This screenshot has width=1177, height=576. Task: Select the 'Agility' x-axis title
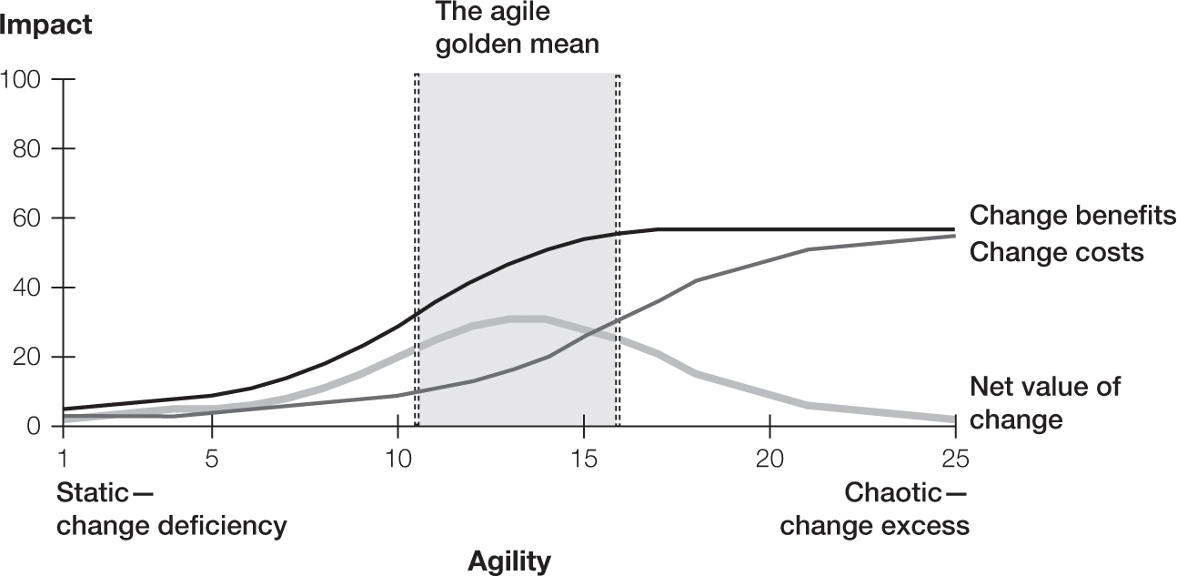509,561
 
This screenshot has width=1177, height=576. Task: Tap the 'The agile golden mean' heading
517,27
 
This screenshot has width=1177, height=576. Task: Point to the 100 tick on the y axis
21,79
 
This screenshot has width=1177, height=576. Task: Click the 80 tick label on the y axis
26,148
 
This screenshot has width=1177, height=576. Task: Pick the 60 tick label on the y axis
26,218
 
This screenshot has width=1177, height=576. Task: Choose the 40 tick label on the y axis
26,288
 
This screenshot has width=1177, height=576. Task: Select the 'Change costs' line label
1056,251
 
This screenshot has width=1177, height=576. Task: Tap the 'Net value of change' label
1045,403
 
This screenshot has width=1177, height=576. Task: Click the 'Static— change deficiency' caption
171,510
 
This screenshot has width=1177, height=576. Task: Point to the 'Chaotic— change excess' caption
875,510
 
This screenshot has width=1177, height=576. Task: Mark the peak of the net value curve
528,318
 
